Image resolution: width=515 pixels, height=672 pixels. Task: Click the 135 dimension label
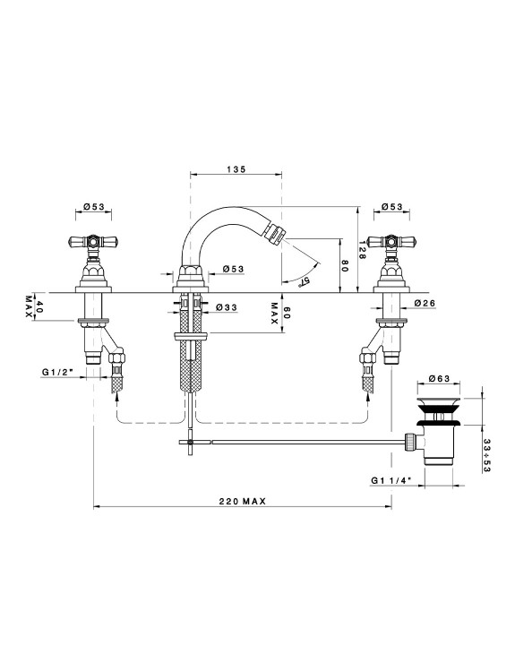coord(236,169)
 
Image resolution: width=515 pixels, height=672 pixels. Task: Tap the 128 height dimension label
coord(362,250)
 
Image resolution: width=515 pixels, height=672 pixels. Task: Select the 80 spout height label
coord(345,266)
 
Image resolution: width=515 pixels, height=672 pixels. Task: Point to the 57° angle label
coord(305,281)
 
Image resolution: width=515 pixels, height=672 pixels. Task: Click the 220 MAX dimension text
coord(243,501)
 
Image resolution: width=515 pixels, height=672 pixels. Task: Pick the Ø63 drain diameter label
coord(439,378)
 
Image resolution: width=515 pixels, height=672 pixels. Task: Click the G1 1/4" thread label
coord(391,480)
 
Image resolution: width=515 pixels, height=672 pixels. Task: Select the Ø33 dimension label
coord(227,307)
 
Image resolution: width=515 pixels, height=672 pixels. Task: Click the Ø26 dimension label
coord(425,303)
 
